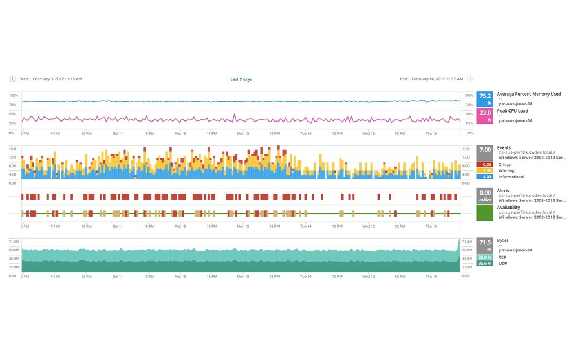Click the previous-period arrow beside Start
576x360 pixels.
(x=12, y=79)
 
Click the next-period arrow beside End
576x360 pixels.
(x=470, y=79)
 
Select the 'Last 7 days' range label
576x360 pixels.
(x=241, y=79)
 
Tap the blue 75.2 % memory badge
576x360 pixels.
(x=485, y=99)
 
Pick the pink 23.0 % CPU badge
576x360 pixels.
(x=485, y=116)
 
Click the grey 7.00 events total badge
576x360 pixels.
(x=485, y=152)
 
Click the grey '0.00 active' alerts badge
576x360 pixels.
(x=485, y=196)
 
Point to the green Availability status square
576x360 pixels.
(x=485, y=213)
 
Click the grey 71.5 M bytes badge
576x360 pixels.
(x=485, y=245)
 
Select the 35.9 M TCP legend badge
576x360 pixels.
(x=485, y=257)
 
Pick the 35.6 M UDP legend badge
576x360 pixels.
(x=485, y=263)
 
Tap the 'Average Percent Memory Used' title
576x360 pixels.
(x=529, y=94)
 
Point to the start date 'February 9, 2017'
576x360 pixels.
(x=57, y=79)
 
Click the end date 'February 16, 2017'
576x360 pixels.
(x=436, y=79)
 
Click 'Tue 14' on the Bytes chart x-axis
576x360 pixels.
(x=305, y=276)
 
